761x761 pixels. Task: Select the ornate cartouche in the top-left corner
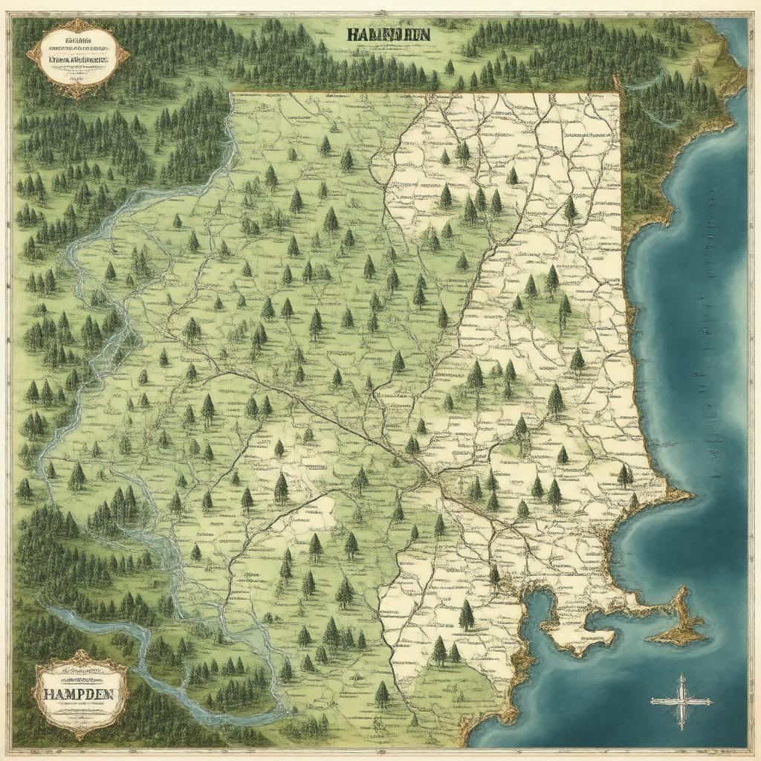coord(77,58)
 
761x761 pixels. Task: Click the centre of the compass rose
coord(680,701)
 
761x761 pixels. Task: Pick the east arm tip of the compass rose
coord(712,701)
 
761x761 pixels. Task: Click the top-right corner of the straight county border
coord(618,94)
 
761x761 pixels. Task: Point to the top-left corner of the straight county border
coord(231,93)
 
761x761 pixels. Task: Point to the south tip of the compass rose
coord(680,728)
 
